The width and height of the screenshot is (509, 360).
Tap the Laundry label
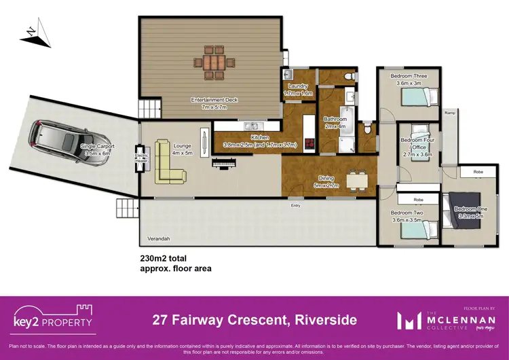click(x=298, y=90)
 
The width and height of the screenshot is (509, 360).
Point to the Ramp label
click(x=449, y=113)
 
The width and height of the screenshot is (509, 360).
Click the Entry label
click(x=296, y=204)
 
